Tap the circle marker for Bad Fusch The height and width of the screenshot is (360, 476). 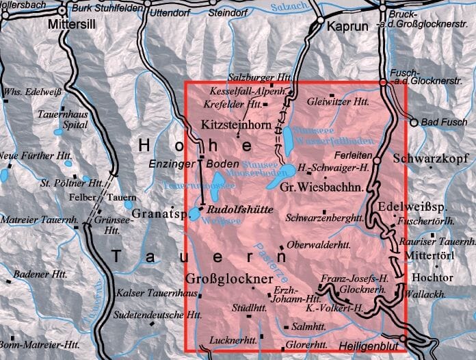[414, 123]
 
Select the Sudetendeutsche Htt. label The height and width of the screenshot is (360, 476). [157, 316]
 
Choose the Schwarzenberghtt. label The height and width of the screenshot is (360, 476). [326, 218]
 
